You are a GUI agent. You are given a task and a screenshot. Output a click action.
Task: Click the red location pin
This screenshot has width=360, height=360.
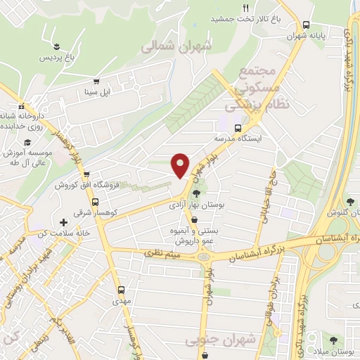[181, 165]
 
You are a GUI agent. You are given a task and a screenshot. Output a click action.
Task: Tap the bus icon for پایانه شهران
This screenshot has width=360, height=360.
[306, 24]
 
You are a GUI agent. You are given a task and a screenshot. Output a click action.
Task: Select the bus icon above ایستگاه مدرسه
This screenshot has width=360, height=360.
[238, 128]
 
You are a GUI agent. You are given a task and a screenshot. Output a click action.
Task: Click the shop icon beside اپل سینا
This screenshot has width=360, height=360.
[96, 81]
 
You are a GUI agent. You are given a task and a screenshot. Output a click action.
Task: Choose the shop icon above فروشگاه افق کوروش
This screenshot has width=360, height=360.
[86, 174]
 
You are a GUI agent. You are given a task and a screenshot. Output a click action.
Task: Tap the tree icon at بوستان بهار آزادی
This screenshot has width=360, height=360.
[196, 194]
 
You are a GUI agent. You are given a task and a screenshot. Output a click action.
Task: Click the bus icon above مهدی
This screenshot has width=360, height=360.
[121, 289]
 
